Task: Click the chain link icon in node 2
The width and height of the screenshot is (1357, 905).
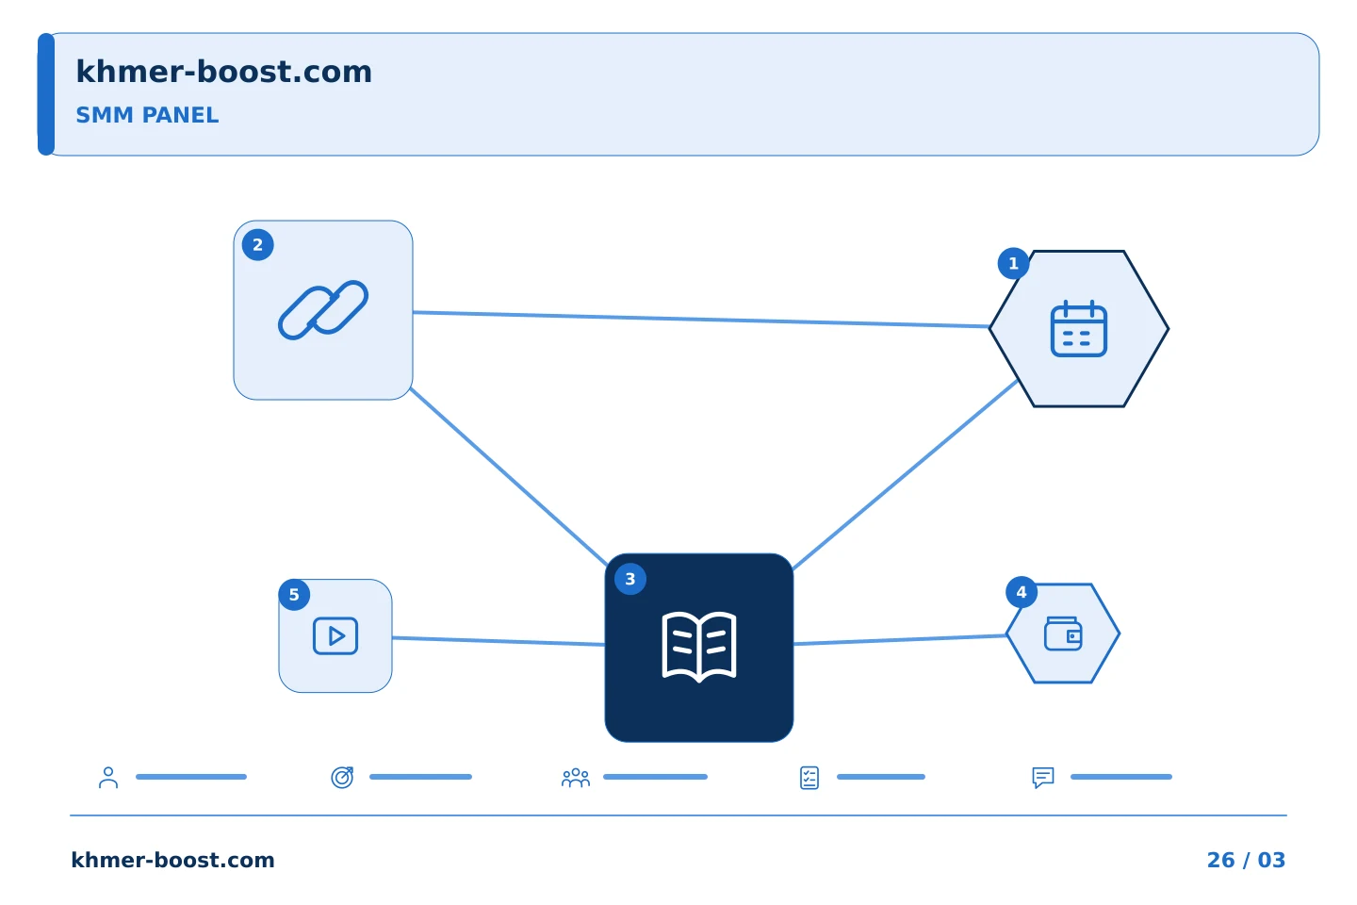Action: (323, 310)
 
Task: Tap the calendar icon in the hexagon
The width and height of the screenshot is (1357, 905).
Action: (1078, 328)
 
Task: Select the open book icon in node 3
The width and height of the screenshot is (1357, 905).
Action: (699, 647)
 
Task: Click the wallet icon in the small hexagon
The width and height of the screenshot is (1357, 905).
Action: (1063, 633)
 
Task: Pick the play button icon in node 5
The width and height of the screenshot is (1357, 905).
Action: (335, 636)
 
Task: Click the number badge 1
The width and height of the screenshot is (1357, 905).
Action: (1013, 264)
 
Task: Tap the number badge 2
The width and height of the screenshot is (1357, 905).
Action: (257, 245)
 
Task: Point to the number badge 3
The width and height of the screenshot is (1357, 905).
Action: (630, 579)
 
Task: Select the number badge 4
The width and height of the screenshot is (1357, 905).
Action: (1022, 592)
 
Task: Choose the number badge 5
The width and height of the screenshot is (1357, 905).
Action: (294, 595)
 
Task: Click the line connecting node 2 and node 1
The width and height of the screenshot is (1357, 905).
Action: (701, 320)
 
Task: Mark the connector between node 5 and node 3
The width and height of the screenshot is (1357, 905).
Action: (499, 641)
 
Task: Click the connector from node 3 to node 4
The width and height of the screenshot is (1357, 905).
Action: (900, 639)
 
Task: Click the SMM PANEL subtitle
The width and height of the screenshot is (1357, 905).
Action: (147, 115)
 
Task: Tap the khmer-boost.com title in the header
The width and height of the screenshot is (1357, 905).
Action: (223, 73)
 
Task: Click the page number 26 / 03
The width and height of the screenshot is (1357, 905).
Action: (1246, 860)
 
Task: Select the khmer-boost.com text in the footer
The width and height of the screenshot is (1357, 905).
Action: (172, 860)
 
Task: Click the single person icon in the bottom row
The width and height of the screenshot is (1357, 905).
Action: (108, 777)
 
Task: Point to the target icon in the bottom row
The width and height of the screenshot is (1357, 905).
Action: (342, 777)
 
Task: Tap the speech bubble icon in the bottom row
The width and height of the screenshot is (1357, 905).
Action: (1042, 778)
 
